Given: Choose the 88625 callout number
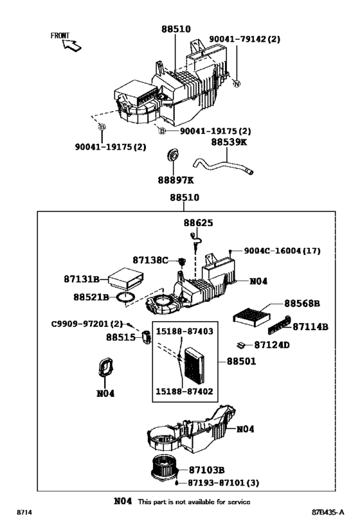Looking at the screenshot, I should tap(197, 223).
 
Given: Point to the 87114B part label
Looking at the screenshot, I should tap(310, 326).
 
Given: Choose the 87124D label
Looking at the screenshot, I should tap(272, 345).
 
